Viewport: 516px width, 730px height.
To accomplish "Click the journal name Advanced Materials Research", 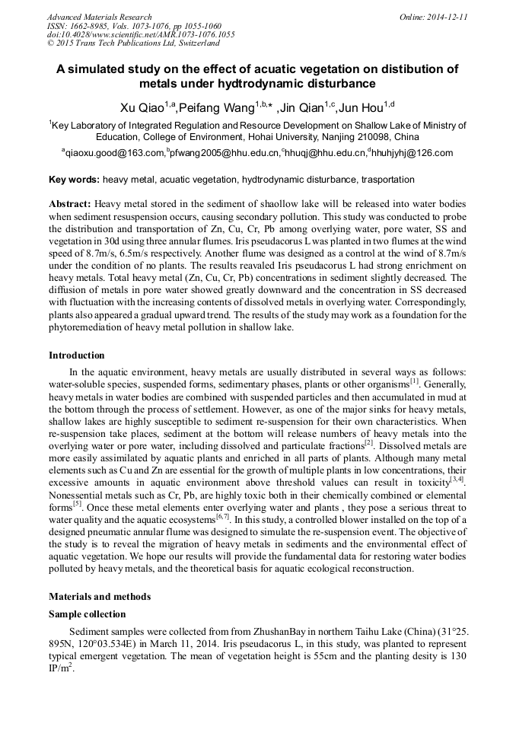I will (99, 17).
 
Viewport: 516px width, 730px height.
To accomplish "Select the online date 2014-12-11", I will (447, 17).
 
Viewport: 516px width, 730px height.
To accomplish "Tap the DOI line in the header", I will (140, 34).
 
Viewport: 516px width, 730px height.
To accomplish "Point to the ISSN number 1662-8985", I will (94, 26).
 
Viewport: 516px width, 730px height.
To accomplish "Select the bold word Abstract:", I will (70, 205).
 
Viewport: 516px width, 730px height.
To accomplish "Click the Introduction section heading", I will (77, 355).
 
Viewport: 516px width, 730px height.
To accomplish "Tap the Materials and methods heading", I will (100, 596).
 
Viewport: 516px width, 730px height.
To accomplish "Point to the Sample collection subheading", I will (87, 614).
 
